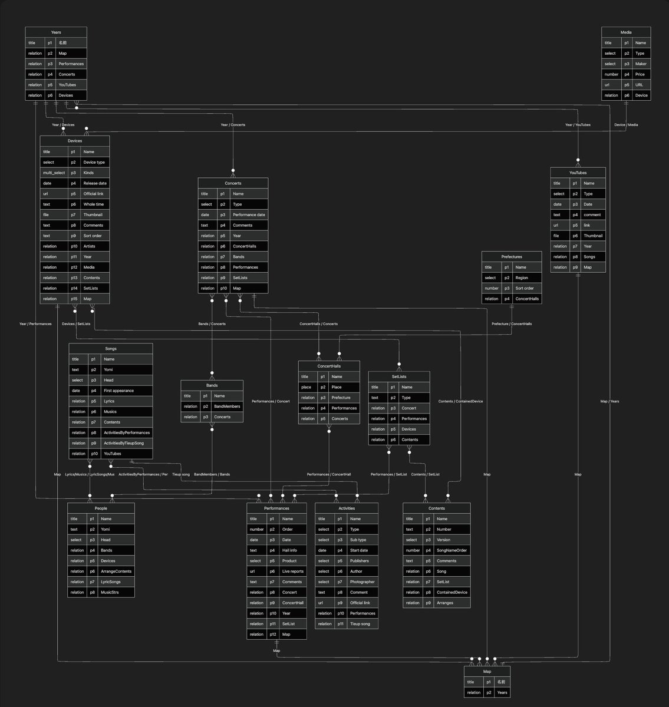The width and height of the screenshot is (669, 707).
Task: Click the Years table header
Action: point(56,32)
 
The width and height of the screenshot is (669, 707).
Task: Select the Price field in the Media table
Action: point(640,74)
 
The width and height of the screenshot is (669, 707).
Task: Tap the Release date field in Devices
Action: point(94,183)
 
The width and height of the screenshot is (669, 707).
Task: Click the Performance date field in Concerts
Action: point(248,215)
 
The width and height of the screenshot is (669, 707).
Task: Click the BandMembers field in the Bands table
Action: point(227,407)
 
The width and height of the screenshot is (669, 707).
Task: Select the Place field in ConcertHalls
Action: point(337,387)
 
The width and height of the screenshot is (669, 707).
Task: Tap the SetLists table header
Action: point(399,376)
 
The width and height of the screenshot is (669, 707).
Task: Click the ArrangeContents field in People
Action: point(116,571)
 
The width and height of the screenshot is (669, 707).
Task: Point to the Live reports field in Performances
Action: point(293,571)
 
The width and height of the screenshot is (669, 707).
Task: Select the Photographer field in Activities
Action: point(362,582)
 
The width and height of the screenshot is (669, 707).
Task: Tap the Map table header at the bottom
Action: point(487,672)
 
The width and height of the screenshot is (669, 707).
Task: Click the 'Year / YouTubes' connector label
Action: point(578,125)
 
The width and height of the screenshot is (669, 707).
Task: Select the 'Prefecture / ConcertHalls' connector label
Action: point(511,324)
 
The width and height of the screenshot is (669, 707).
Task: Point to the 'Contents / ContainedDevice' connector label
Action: point(460,401)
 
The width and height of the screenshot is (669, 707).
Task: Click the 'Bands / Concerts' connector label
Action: point(212,324)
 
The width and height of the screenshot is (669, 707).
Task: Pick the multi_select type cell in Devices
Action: point(54,173)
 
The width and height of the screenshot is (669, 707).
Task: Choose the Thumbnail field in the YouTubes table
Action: point(593,236)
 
